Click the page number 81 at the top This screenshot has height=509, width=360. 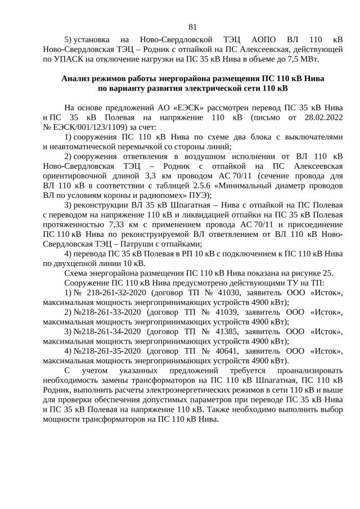(x=192, y=26)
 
